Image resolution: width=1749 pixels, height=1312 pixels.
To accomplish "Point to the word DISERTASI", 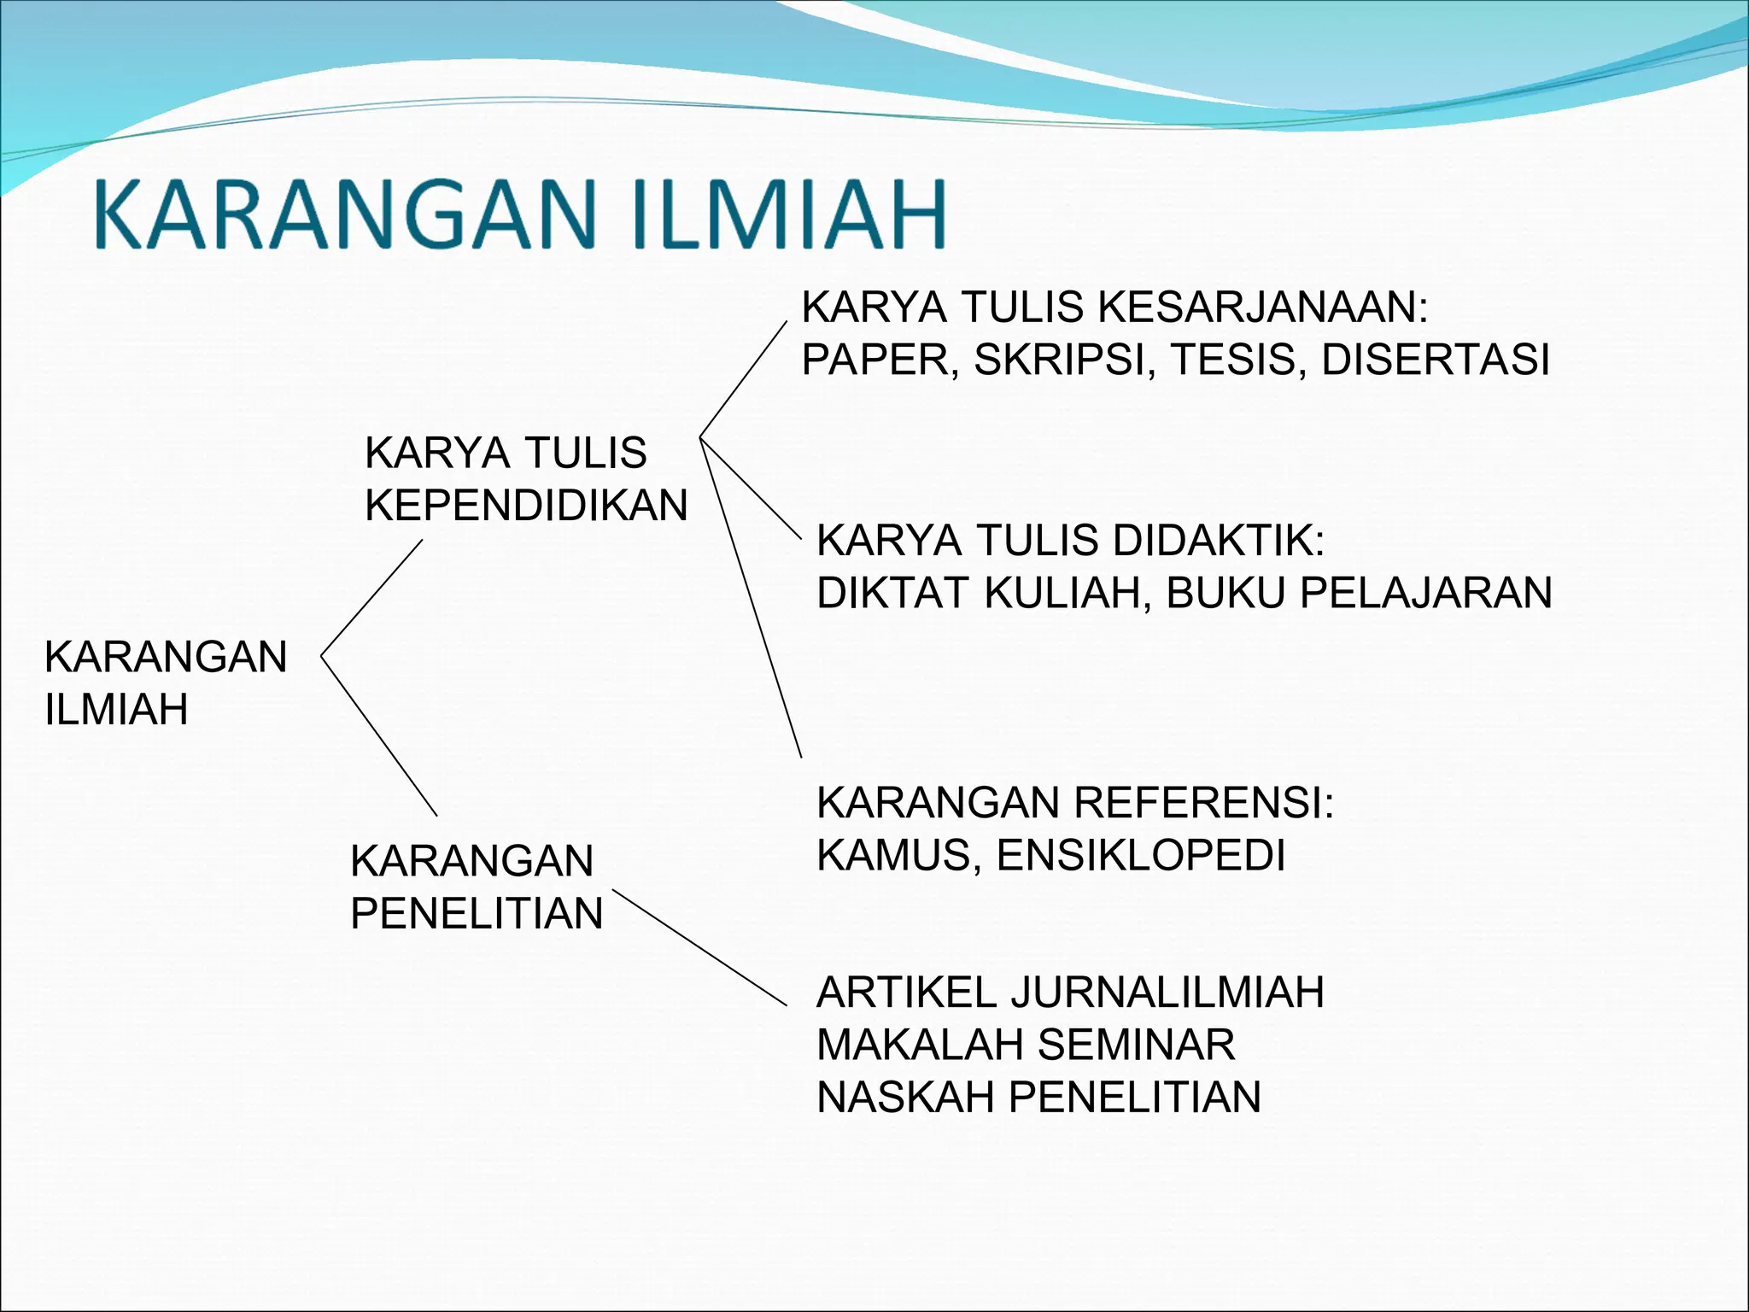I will (x=1435, y=360).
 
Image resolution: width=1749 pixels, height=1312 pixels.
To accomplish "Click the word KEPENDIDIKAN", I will (x=526, y=506).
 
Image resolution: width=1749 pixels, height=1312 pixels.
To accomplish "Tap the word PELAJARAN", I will (x=1425, y=593).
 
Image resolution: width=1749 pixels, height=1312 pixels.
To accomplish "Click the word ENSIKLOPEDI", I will (x=1141, y=855).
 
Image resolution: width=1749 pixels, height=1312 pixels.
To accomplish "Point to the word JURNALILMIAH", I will (x=1167, y=993).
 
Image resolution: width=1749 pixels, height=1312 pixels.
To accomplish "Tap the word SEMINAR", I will (x=1136, y=1045).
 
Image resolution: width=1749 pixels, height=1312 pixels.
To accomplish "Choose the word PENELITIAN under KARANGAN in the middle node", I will (x=477, y=914).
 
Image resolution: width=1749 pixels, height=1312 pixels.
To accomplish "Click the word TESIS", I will (x=1237, y=360).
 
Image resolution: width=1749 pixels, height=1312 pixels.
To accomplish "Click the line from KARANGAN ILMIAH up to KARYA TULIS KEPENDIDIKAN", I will (x=371, y=598).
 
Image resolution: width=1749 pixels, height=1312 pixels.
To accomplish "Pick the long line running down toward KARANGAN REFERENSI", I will (x=750, y=598).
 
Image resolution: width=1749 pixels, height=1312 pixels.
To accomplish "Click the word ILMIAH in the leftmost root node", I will (x=116, y=710).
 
